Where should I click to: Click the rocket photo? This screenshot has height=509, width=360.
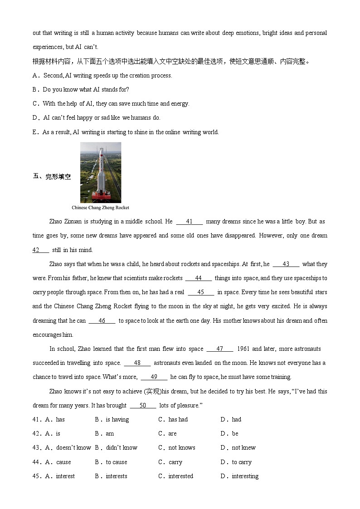pos(101,172)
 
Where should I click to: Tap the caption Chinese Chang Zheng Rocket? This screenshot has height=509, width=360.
pos(100,208)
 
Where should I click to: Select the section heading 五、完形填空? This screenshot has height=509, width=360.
pos(52,177)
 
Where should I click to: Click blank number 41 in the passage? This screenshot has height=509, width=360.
pos(189,222)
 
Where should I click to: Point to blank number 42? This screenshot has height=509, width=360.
pos(40,250)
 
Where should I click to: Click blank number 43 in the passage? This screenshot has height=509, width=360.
pos(286,264)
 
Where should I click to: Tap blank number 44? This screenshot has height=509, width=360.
pos(198,278)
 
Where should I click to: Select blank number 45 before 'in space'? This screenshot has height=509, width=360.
pos(200,292)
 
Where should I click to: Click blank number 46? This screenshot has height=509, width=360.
pos(102,321)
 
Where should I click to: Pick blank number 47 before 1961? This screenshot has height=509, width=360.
pos(219,349)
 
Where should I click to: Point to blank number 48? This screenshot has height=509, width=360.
pos(137,363)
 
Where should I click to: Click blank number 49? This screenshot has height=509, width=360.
pos(154,377)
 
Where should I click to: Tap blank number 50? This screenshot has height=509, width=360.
pos(143,406)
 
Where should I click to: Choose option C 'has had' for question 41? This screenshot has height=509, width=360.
pos(178,420)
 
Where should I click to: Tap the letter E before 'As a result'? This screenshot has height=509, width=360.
pos(34,132)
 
